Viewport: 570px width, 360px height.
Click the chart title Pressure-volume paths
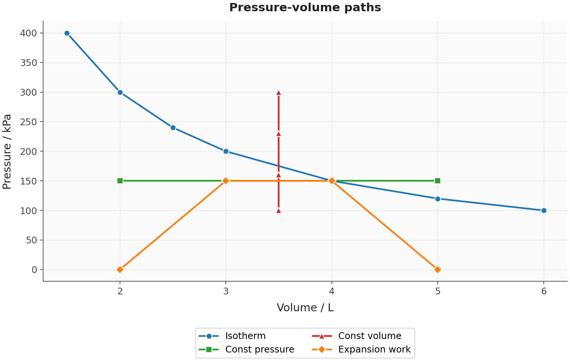click(305, 7)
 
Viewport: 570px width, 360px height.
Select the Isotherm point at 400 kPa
click(67, 33)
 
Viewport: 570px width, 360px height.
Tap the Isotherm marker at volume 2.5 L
click(173, 128)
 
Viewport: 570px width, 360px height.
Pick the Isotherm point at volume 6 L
click(544, 211)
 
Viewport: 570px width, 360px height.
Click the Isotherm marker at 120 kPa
click(438, 199)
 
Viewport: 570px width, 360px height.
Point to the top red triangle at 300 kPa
click(279, 93)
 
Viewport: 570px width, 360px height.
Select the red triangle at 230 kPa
click(279, 134)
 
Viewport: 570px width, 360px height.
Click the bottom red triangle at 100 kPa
click(279, 211)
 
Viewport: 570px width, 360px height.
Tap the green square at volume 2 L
click(120, 181)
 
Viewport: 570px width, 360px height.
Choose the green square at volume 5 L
click(438, 181)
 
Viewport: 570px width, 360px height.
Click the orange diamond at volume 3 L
click(226, 181)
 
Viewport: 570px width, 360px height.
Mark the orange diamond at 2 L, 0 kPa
click(120, 270)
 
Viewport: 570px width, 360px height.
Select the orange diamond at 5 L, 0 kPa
click(438, 270)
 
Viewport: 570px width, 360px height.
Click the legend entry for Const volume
click(357, 336)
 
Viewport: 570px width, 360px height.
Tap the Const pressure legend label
click(260, 349)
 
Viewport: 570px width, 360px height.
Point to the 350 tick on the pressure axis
click(28, 63)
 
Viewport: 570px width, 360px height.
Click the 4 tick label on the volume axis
click(331, 291)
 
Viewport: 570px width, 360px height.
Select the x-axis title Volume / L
click(305, 308)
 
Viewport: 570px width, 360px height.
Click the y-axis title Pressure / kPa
click(7, 151)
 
